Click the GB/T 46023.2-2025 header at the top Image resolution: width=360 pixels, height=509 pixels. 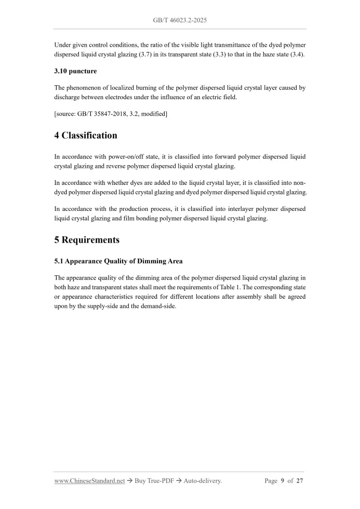[x=180, y=20]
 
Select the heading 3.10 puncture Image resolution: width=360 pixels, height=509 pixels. [x=75, y=71]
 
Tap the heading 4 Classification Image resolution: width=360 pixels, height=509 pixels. [x=86, y=136]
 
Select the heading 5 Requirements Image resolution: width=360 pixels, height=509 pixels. [x=87, y=240]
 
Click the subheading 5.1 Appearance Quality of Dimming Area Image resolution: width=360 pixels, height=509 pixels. [x=118, y=261]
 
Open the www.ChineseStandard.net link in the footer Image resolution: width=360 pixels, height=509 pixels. [x=89, y=481]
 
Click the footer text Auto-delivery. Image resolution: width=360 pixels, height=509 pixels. [x=202, y=481]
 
